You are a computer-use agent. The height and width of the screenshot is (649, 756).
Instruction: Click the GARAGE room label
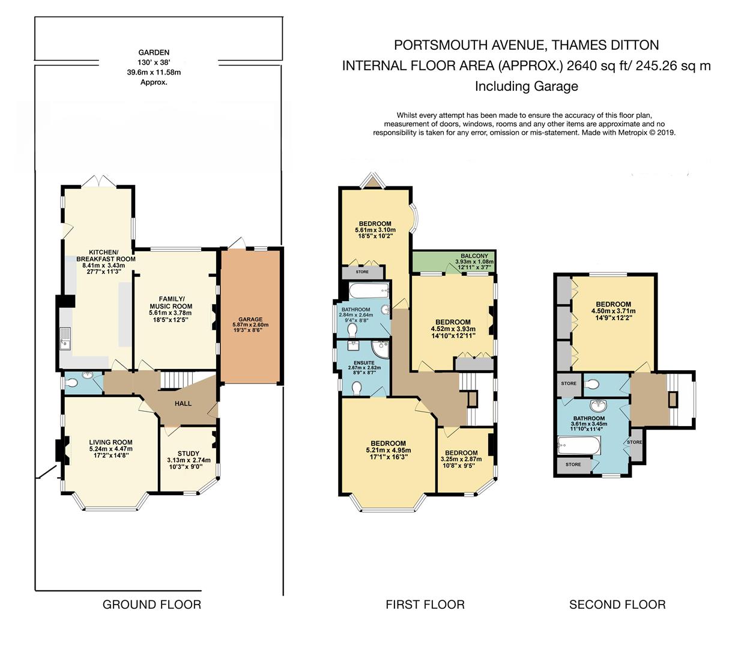[x=250, y=319]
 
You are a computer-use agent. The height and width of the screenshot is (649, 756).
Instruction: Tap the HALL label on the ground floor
[x=183, y=403]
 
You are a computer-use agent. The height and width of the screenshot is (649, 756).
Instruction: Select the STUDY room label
[x=189, y=454]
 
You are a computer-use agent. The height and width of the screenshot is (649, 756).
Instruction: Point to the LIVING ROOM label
[x=111, y=442]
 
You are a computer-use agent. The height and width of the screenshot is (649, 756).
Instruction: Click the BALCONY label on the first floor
[x=474, y=256]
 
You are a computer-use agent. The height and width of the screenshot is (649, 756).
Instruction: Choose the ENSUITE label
[x=364, y=363]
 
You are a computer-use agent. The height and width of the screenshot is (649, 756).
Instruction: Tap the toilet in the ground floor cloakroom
[x=72, y=383]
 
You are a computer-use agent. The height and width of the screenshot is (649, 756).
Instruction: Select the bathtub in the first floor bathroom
[x=369, y=291]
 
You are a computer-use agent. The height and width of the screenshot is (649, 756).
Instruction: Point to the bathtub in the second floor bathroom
[x=579, y=445]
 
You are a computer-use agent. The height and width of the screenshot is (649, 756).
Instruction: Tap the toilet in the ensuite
[x=356, y=388]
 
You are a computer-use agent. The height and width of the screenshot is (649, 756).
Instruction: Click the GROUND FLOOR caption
[x=152, y=605]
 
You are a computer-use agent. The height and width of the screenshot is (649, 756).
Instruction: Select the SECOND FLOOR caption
[x=617, y=605]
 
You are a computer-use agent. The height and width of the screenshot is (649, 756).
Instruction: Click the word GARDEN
[x=154, y=52]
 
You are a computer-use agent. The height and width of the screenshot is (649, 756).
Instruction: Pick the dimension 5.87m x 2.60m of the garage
[x=250, y=324]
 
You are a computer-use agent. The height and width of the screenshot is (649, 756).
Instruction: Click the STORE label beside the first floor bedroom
[x=362, y=272]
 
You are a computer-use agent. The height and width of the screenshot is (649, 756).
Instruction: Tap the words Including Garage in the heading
[x=526, y=87]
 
